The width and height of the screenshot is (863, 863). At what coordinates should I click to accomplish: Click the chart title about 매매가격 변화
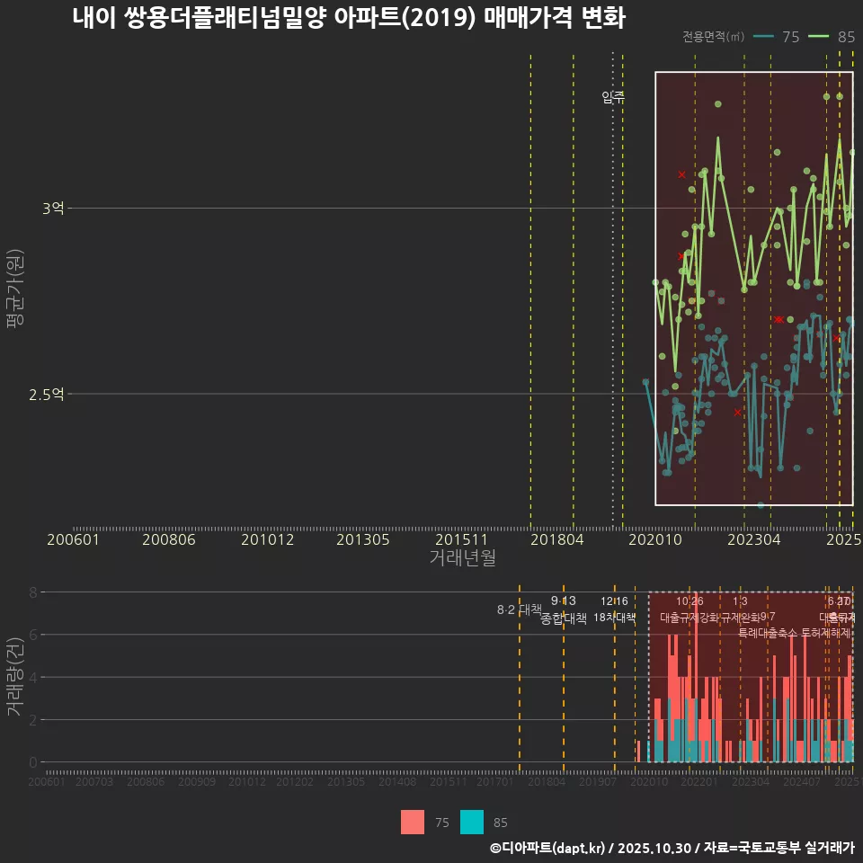(349, 18)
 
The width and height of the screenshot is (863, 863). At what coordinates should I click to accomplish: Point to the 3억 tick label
(53, 209)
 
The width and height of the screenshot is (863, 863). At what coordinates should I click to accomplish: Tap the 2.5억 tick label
(47, 394)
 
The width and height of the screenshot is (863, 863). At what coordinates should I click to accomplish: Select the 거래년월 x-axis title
(461, 557)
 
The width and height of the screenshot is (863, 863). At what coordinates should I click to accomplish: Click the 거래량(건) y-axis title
(14, 677)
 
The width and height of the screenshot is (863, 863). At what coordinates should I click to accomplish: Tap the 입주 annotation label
(612, 97)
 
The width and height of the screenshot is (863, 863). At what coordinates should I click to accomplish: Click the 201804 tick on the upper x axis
(556, 540)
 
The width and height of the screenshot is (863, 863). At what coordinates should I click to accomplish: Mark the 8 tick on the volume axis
(32, 592)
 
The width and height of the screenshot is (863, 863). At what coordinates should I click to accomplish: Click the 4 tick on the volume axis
(32, 677)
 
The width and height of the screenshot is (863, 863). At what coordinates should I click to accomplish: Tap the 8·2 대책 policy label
(520, 609)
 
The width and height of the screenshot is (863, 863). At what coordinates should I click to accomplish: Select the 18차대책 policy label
(614, 618)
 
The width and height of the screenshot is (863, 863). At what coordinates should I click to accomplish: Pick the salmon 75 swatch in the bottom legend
(413, 822)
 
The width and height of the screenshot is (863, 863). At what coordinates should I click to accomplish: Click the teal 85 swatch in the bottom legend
(472, 822)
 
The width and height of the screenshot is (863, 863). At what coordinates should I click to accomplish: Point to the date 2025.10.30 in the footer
(654, 848)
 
